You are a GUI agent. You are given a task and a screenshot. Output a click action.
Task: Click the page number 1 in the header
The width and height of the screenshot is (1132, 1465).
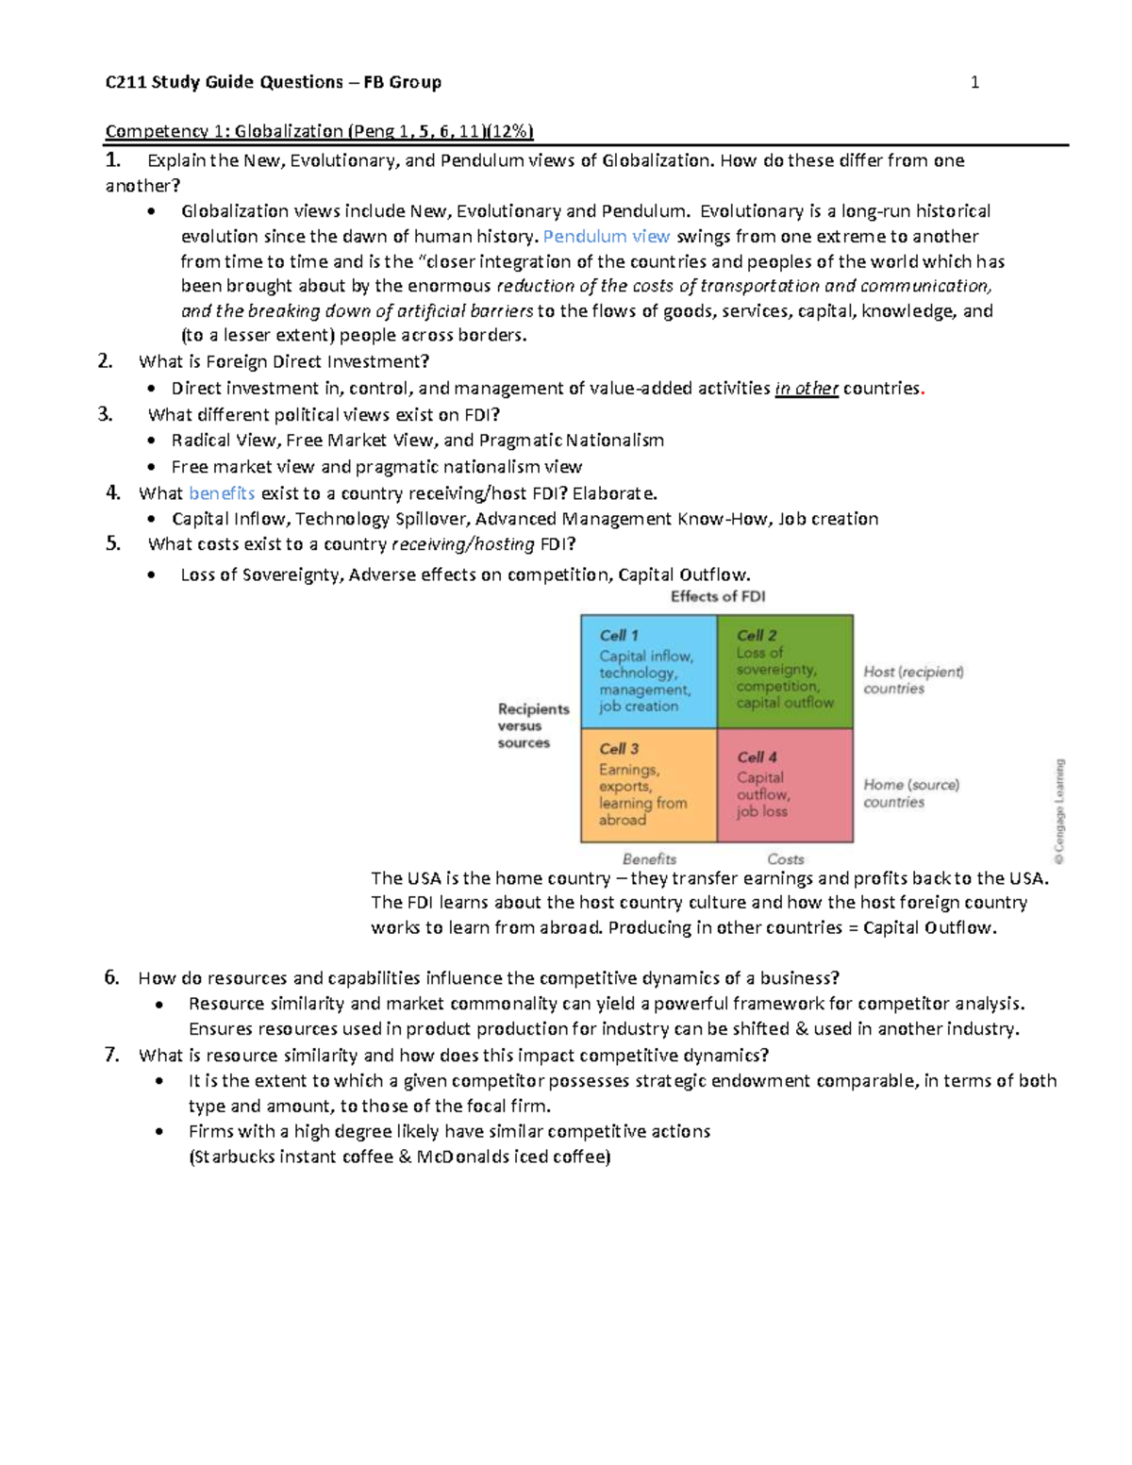(x=974, y=83)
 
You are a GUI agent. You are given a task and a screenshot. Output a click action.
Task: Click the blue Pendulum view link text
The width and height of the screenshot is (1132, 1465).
(x=607, y=237)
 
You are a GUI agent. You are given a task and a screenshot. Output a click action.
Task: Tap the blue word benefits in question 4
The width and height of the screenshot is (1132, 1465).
(x=222, y=493)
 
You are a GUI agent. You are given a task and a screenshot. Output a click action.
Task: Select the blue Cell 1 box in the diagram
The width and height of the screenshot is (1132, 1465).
(x=648, y=672)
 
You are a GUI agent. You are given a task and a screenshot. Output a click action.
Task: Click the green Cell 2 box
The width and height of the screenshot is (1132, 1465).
(x=785, y=672)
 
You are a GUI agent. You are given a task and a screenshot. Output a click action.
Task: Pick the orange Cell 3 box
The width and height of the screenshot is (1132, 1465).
(x=648, y=785)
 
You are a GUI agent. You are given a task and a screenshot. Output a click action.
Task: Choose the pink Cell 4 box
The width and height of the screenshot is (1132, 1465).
(x=785, y=785)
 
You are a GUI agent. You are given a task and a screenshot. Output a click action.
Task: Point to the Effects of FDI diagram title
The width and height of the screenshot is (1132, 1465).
(x=718, y=596)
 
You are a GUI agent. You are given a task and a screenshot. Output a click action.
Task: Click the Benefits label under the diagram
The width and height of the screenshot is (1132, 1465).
(x=649, y=858)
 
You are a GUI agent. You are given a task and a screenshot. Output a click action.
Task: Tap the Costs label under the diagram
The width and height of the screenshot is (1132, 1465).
(x=785, y=858)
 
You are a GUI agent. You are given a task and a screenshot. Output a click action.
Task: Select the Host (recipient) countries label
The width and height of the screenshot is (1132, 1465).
(x=913, y=680)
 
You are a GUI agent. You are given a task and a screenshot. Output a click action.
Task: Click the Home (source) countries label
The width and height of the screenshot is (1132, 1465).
(x=911, y=793)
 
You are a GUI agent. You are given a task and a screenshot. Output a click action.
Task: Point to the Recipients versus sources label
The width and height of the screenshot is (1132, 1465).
(x=533, y=725)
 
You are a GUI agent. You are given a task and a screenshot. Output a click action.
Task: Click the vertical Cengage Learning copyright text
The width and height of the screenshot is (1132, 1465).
(x=1059, y=811)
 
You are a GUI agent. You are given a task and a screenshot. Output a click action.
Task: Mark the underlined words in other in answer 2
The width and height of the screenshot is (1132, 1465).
(x=807, y=389)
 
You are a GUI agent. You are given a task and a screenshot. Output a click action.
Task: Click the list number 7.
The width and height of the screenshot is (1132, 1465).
(x=111, y=1055)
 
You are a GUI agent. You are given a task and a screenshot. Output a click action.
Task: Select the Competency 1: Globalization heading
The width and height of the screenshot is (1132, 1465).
(x=319, y=131)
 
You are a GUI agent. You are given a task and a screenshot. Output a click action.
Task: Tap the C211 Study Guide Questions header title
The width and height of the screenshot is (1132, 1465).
(x=274, y=83)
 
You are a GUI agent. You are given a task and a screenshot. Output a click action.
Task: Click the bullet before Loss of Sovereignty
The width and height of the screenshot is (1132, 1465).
(x=152, y=575)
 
